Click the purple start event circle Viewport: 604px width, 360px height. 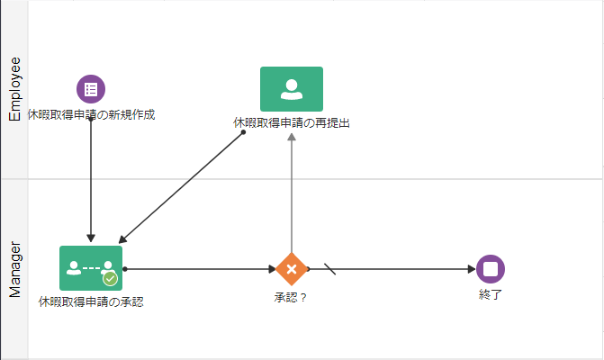point(91,89)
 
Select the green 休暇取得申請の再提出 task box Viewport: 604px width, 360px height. point(292,89)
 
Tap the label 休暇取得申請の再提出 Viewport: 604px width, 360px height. point(292,122)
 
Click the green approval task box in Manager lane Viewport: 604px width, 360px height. point(91,268)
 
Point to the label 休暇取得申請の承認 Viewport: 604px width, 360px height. point(91,302)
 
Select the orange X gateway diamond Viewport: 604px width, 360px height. point(292,268)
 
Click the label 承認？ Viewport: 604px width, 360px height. point(291,296)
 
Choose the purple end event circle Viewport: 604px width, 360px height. point(491,268)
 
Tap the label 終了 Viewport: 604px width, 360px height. point(491,294)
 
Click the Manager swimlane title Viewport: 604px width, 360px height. point(14,269)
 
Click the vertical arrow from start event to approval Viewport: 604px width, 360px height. point(91,180)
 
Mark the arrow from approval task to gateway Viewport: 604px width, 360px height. point(198,268)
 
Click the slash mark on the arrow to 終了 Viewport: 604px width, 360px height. point(329,268)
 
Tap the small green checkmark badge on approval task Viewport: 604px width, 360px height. point(111,279)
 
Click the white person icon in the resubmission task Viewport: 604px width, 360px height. point(292,88)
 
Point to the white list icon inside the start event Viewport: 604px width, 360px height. point(91,89)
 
